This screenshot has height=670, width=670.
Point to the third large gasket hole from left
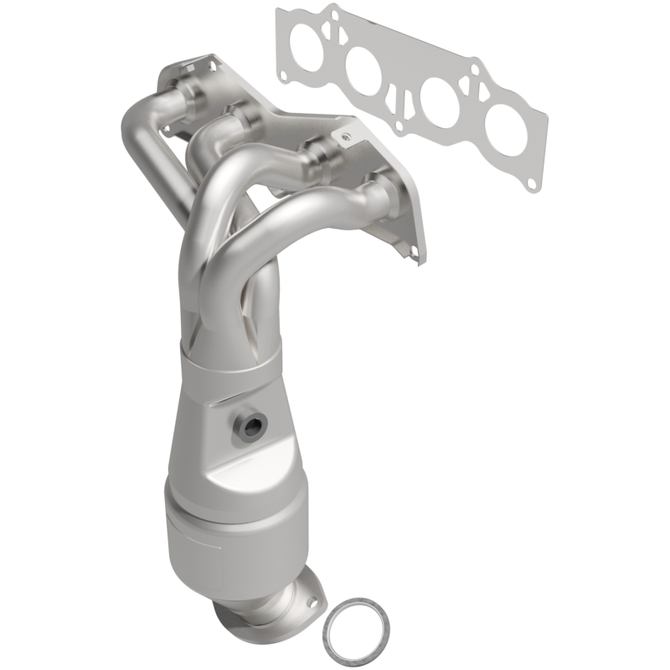[440, 101]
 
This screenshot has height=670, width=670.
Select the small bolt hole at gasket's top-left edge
[334, 15]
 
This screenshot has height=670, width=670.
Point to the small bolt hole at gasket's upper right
[474, 69]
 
